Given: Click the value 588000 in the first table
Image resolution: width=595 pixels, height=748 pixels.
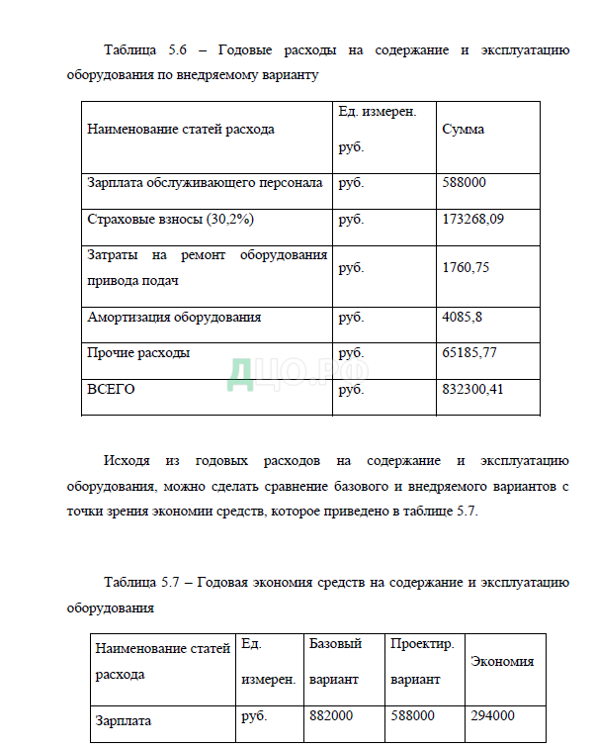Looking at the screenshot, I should point(464,183).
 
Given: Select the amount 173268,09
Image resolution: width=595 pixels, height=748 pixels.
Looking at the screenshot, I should point(472,219).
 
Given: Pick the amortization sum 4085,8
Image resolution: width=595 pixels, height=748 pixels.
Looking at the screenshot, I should point(461,317).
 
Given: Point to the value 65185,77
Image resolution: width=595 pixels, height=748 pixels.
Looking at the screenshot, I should point(469,352).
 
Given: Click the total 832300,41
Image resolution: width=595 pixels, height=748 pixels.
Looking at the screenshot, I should point(472,389).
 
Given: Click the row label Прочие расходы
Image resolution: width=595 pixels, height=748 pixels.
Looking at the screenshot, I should point(138,352).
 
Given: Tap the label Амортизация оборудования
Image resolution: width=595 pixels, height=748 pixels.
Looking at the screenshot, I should point(174,317).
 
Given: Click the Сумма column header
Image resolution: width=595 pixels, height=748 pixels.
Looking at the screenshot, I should point(463,130).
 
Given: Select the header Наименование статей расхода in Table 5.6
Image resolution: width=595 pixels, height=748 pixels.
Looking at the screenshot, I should point(181,130).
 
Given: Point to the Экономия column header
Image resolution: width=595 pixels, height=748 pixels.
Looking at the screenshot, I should point(502,661).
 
